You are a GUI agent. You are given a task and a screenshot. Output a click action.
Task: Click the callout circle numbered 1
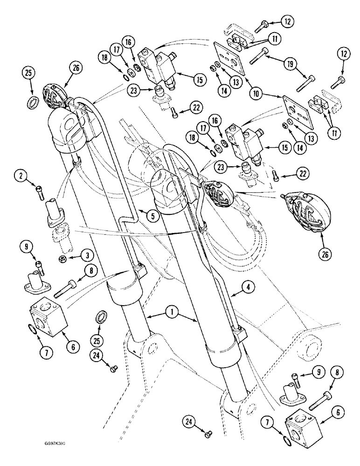click(x=172, y=315)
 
